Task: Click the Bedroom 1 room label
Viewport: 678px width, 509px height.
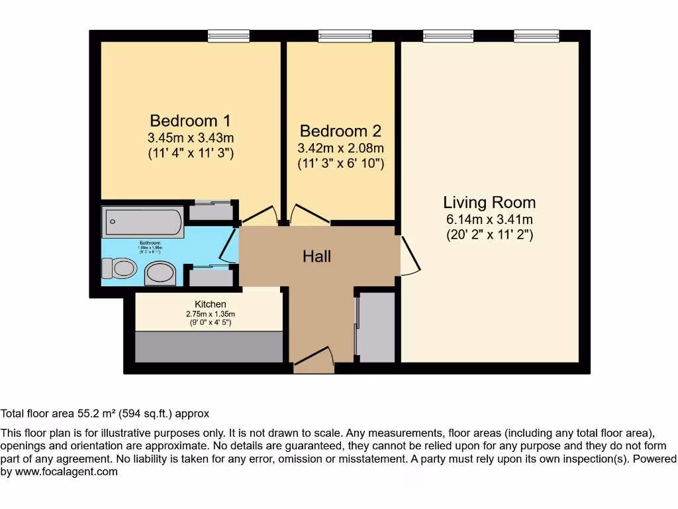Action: coord(191,121)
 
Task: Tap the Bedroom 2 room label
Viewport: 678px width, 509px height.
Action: coord(340,131)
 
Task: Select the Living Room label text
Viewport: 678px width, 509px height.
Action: coord(489,203)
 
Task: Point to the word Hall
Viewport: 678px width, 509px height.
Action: coord(316,256)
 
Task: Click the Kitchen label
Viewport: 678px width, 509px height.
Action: coord(210,304)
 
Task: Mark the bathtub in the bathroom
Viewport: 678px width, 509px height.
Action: coord(142,222)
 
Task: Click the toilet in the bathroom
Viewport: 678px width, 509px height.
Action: coord(120,268)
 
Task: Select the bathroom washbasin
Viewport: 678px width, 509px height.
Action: coord(160,272)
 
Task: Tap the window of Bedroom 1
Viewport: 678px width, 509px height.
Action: coord(228,36)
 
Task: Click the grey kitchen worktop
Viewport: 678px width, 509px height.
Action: coord(209,347)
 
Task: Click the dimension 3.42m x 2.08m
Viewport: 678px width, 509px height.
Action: coord(340,148)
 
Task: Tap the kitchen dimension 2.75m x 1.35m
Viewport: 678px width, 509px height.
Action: coord(210,313)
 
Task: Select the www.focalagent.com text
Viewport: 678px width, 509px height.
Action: coord(66,472)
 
